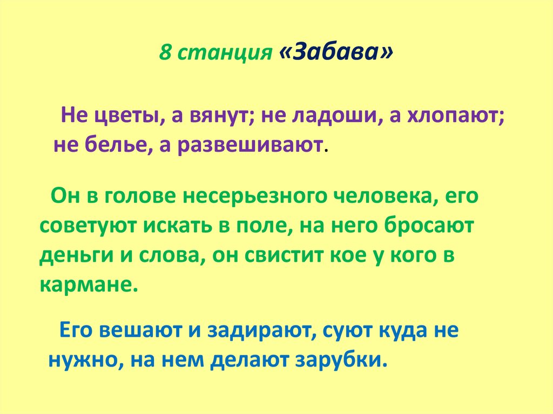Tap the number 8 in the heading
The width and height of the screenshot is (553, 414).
(x=164, y=54)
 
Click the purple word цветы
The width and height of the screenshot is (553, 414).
(x=124, y=115)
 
